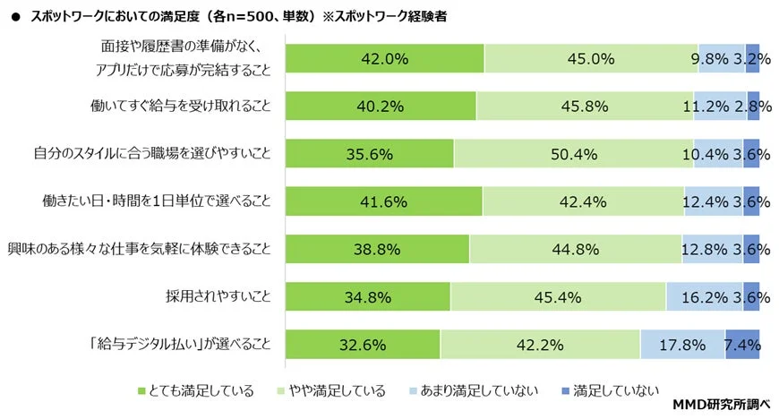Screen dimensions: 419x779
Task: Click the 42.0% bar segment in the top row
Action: (x=385, y=59)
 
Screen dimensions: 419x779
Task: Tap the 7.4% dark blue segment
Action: (x=742, y=344)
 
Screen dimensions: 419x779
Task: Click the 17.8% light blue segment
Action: (x=682, y=344)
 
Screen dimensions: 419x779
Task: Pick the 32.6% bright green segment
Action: (x=363, y=344)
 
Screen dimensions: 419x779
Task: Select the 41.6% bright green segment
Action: (x=384, y=201)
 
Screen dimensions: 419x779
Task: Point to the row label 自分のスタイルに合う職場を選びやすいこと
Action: (x=153, y=154)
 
